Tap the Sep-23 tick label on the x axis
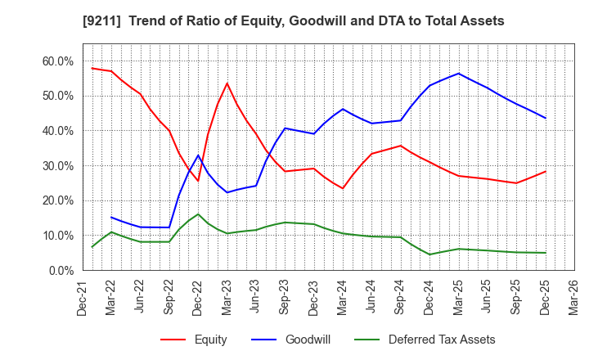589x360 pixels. pyautogui.click(x=285, y=299)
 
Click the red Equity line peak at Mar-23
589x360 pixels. pyautogui.click(x=227, y=83)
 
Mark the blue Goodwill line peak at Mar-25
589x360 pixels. pyautogui.click(x=458, y=74)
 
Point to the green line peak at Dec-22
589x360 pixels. pyautogui.click(x=198, y=214)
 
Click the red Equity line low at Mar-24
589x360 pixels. pyautogui.click(x=343, y=188)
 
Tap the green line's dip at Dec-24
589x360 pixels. pyautogui.click(x=429, y=254)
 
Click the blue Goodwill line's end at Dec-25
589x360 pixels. pyautogui.click(x=545, y=118)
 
